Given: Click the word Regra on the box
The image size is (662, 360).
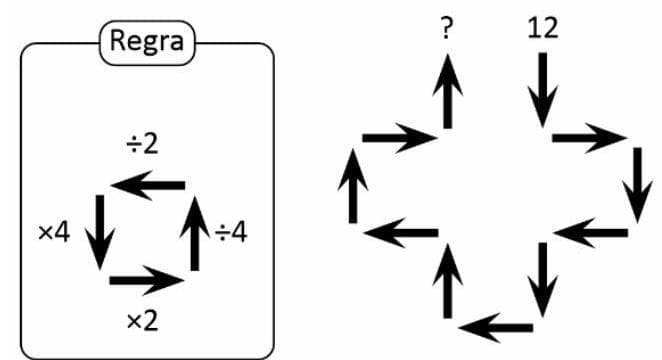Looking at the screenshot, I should [148, 42].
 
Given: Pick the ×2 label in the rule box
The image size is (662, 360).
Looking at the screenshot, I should [141, 320].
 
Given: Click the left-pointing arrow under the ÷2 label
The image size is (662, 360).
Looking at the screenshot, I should [147, 184].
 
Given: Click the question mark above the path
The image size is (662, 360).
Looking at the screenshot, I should [446, 28].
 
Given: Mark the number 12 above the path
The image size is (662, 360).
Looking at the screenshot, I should [543, 28].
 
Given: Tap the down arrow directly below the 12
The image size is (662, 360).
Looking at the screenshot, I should [542, 90].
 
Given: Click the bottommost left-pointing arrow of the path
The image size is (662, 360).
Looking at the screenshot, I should [497, 326].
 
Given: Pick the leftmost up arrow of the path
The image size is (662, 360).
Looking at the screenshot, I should [351, 186].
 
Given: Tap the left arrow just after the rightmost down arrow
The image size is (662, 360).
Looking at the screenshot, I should [590, 234].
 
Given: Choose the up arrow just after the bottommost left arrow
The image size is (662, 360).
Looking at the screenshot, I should [447, 281].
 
